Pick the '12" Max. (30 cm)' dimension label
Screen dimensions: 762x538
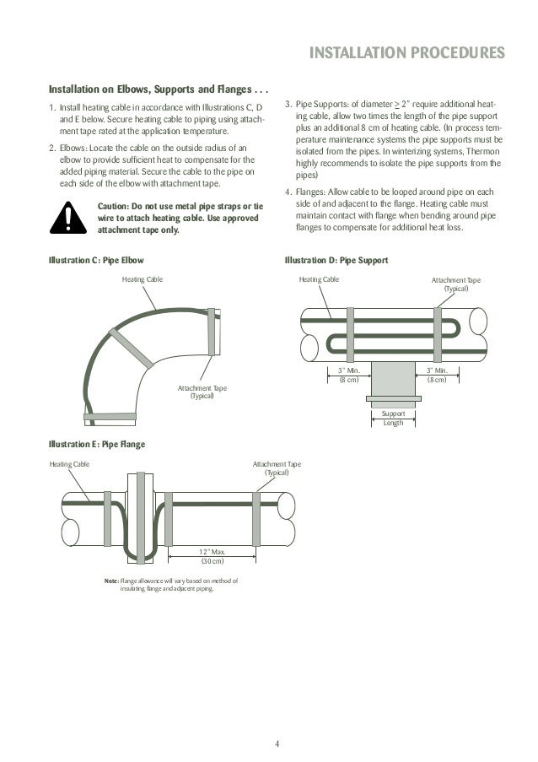click(212, 555)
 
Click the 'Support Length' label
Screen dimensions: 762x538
click(393, 419)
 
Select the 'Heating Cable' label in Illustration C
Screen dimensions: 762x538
click(143, 278)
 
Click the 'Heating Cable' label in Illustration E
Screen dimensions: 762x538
click(69, 463)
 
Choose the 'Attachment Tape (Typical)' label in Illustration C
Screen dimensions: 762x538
click(202, 392)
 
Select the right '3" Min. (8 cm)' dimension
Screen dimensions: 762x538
click(437, 375)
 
